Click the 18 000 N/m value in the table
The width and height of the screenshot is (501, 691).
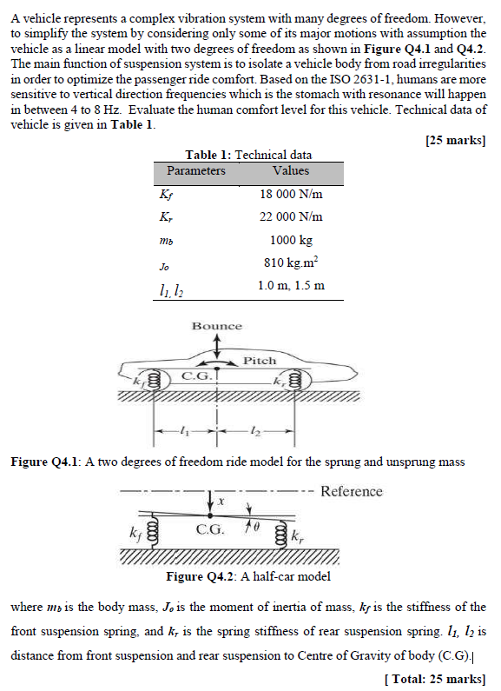291,195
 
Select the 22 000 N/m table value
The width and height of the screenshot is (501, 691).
291,217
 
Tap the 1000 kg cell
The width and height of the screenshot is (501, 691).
291,241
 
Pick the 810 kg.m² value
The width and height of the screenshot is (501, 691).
291,263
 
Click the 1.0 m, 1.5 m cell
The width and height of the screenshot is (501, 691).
291,285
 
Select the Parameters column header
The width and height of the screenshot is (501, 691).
195,171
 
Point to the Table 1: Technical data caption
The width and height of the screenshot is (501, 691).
248,155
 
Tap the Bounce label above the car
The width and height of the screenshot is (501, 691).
217,326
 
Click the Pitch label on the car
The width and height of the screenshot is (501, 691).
259,360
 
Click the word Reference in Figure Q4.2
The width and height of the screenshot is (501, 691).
351,491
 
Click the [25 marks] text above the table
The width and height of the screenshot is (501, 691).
456,141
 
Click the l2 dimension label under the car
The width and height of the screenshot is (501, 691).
253,430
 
